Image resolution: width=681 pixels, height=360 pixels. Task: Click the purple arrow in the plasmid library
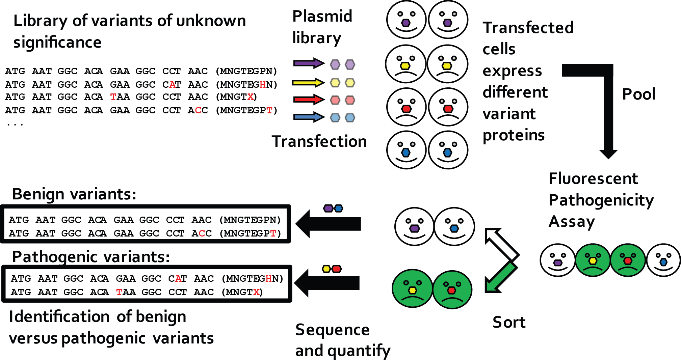pyautogui.click(x=308, y=63)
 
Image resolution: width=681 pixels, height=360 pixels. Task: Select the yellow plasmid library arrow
pyautogui.click(x=308, y=82)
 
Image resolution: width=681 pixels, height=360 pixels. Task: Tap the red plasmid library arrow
pyautogui.click(x=308, y=100)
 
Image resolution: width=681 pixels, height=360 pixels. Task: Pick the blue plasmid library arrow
pyautogui.click(x=308, y=117)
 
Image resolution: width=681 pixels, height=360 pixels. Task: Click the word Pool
pyautogui.click(x=638, y=94)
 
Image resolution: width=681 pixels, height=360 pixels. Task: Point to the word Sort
pyautogui.click(x=509, y=322)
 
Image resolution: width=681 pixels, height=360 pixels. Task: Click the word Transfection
pyautogui.click(x=319, y=141)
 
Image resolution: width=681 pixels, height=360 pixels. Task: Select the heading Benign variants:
pyautogui.click(x=74, y=194)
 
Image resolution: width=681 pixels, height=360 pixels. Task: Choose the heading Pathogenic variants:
pyautogui.click(x=91, y=257)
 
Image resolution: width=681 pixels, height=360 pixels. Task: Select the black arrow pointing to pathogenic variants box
pyautogui.click(x=327, y=283)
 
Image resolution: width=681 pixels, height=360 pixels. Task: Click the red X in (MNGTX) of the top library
pyautogui.click(x=250, y=97)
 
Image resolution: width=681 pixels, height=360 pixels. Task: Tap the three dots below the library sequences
pyautogui.click(x=15, y=125)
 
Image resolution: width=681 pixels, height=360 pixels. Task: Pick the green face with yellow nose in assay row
pyautogui.click(x=593, y=260)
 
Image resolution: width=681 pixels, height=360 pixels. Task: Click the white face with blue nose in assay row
pyautogui.click(x=663, y=260)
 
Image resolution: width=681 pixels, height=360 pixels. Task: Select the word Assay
pyautogui.click(x=572, y=222)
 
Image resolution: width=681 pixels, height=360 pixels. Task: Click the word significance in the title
pyautogui.click(x=57, y=43)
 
